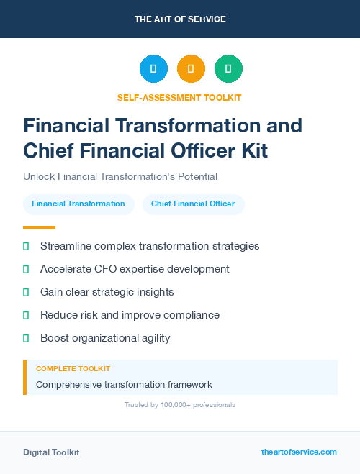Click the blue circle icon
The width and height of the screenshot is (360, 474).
click(x=153, y=69)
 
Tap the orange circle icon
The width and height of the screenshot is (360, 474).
click(x=191, y=69)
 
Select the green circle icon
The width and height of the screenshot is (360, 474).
click(x=228, y=69)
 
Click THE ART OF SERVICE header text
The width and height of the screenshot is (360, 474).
click(x=180, y=19)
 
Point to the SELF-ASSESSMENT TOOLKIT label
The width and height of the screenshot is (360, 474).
click(x=180, y=97)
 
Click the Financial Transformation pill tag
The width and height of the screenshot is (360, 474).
click(x=78, y=204)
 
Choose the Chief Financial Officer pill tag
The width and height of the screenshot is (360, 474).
click(x=193, y=204)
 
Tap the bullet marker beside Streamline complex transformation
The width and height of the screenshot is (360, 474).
click(x=26, y=246)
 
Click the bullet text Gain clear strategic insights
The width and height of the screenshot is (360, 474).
click(x=107, y=292)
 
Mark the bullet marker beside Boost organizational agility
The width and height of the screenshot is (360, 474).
click(x=26, y=338)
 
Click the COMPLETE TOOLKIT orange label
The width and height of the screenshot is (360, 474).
click(x=73, y=368)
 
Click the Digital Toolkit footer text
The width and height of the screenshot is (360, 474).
click(x=51, y=452)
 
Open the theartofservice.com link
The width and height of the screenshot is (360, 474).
click(x=299, y=452)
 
